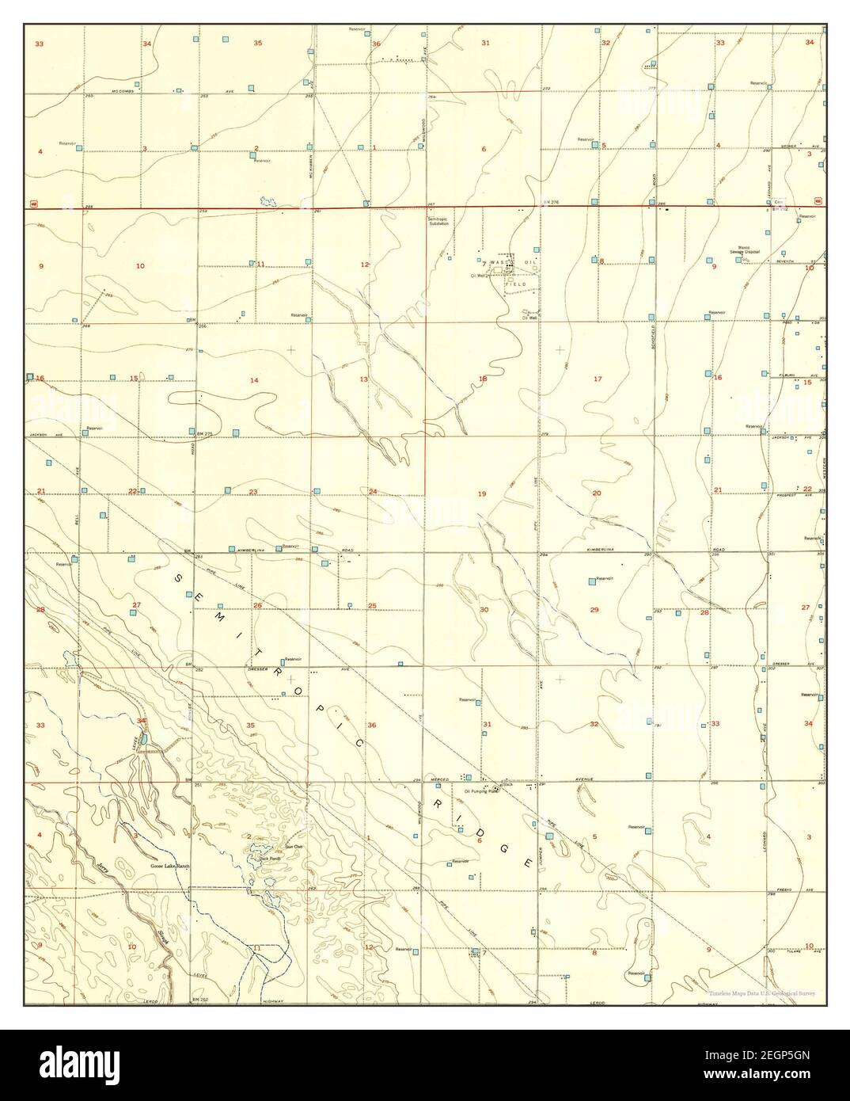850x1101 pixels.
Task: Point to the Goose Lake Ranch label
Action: tap(172, 867)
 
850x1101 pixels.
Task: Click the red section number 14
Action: tap(254, 381)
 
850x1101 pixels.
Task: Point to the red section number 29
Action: tap(594, 608)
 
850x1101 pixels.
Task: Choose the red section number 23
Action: tap(253, 492)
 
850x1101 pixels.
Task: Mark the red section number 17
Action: tap(598, 379)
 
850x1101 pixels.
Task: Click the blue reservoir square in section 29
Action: tap(591, 582)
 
